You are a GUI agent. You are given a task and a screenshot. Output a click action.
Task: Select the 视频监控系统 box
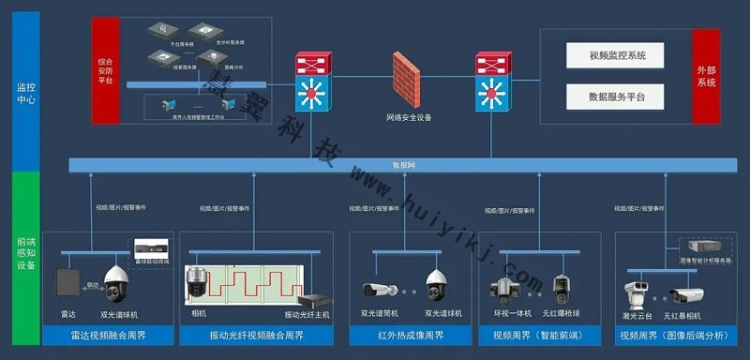[x=617, y=55]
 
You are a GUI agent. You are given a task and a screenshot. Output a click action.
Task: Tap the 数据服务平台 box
[x=617, y=96]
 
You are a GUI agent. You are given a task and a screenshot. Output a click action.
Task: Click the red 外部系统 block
[x=706, y=76]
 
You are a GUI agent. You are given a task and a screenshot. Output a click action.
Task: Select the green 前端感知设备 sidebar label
[x=26, y=253]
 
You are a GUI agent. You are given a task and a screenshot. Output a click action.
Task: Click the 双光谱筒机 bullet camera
[x=380, y=290]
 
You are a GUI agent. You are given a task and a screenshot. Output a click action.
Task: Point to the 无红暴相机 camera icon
[x=686, y=295]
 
